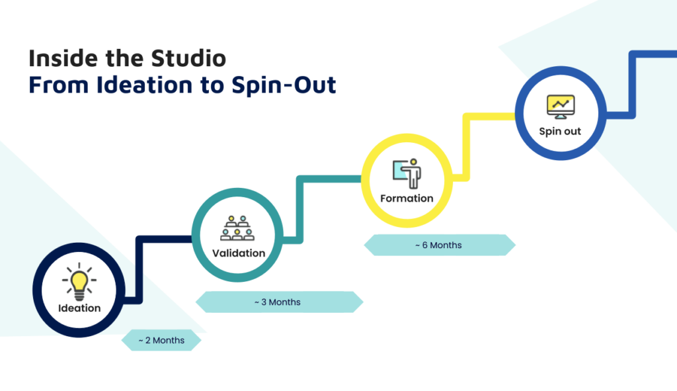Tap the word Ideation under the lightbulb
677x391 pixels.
point(79,308)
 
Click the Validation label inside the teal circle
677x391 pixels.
point(239,253)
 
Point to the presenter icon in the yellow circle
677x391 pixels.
point(407,173)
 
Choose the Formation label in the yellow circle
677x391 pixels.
point(407,198)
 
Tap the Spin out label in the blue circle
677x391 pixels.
point(560,131)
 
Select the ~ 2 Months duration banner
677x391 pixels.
point(161,340)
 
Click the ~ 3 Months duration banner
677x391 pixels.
point(279,302)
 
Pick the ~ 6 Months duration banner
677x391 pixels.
point(439,245)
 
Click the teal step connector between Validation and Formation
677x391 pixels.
point(300,205)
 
